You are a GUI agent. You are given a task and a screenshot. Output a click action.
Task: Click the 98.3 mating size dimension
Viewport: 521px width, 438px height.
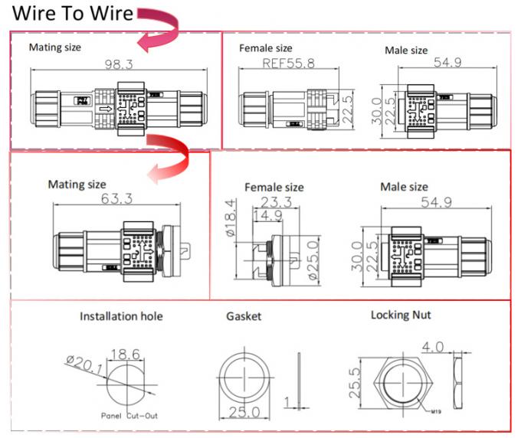118,65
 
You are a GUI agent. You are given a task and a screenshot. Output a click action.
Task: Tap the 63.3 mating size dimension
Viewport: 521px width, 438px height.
116,199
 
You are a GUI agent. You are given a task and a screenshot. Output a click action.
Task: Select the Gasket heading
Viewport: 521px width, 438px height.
244,315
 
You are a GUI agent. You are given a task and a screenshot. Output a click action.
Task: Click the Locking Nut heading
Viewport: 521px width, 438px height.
401,314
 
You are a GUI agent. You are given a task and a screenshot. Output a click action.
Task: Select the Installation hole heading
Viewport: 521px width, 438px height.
121,315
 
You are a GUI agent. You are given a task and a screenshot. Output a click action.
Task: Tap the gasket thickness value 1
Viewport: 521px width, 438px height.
285,402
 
